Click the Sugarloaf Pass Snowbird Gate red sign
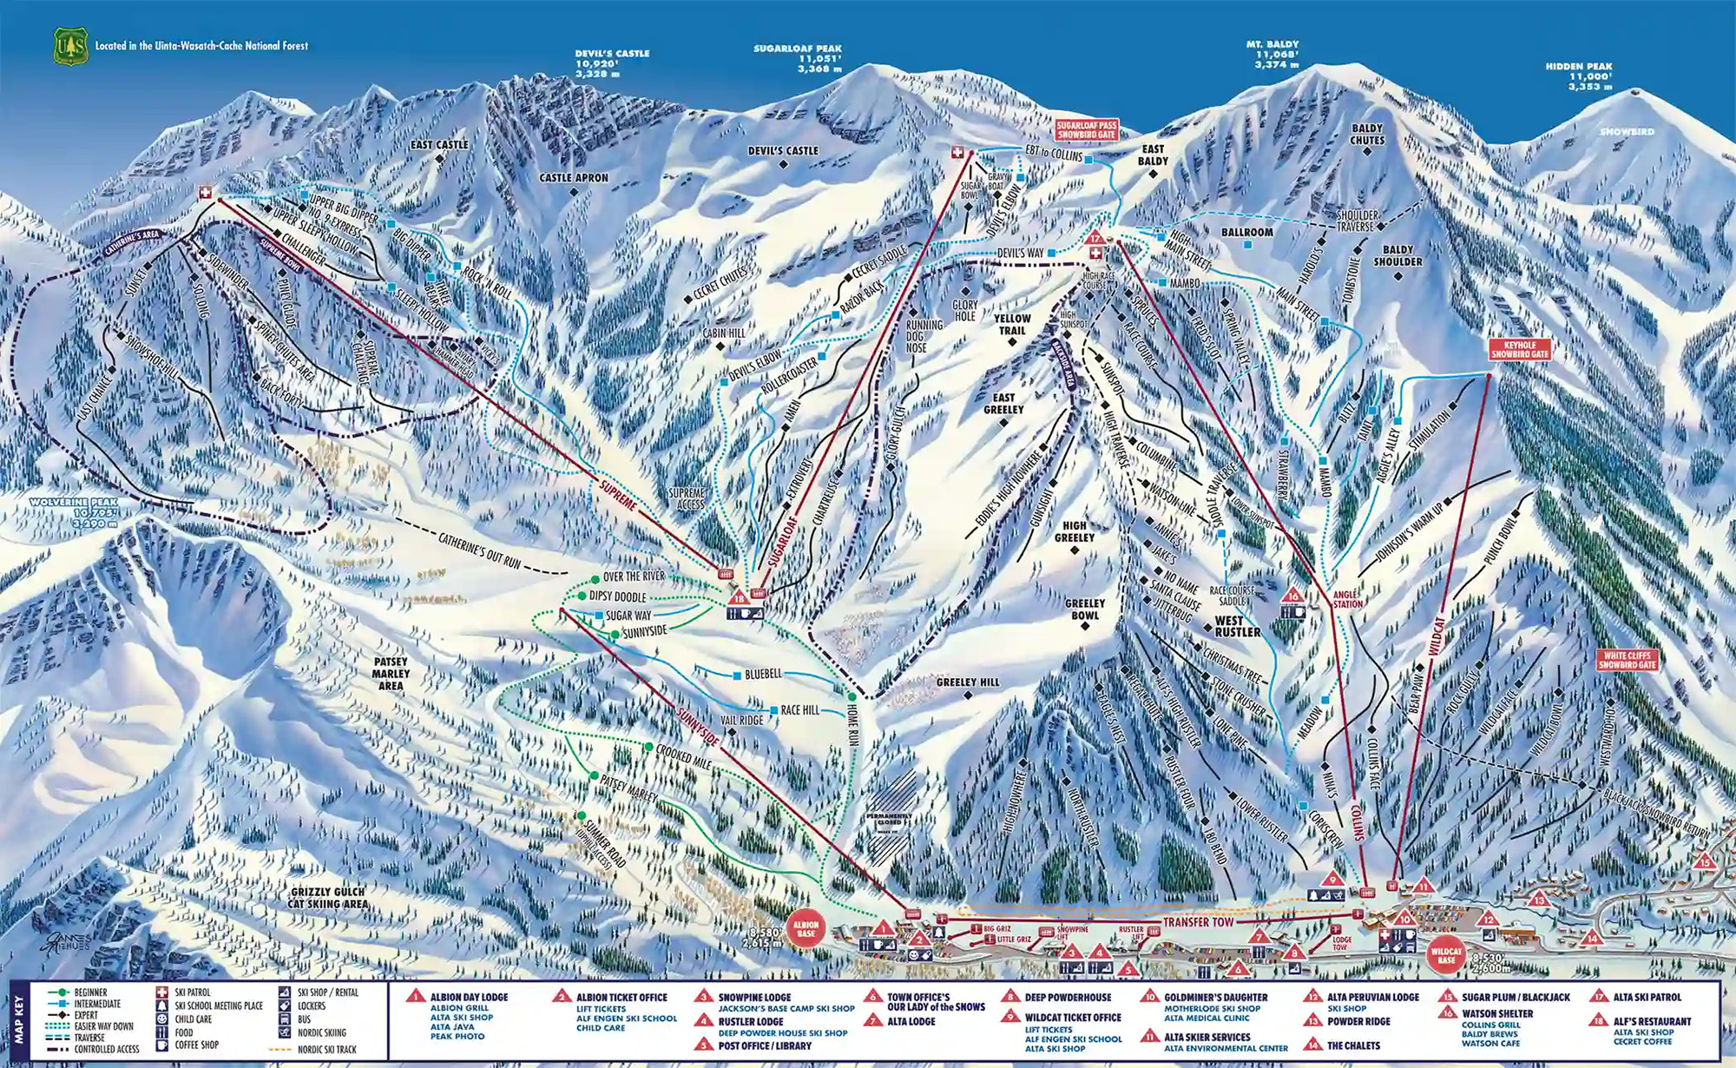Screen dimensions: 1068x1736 tap(1086, 131)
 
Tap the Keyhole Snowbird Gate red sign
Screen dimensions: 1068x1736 tap(1520, 349)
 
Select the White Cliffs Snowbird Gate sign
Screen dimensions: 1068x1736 tap(1627, 660)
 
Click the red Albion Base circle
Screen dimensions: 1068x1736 tap(806, 929)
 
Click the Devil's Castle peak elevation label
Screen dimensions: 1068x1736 tap(612, 64)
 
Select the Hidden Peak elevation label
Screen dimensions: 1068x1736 tap(1579, 76)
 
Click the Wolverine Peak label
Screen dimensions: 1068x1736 tap(74, 513)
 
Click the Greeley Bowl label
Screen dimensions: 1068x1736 tap(1085, 609)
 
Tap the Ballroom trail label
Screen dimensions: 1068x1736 tap(1246, 233)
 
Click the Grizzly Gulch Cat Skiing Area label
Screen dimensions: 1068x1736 tap(327, 898)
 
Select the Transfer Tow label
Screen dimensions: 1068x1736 tap(1198, 922)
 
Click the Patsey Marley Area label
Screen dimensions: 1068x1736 tap(391, 673)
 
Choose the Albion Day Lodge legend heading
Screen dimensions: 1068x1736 tap(469, 998)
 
